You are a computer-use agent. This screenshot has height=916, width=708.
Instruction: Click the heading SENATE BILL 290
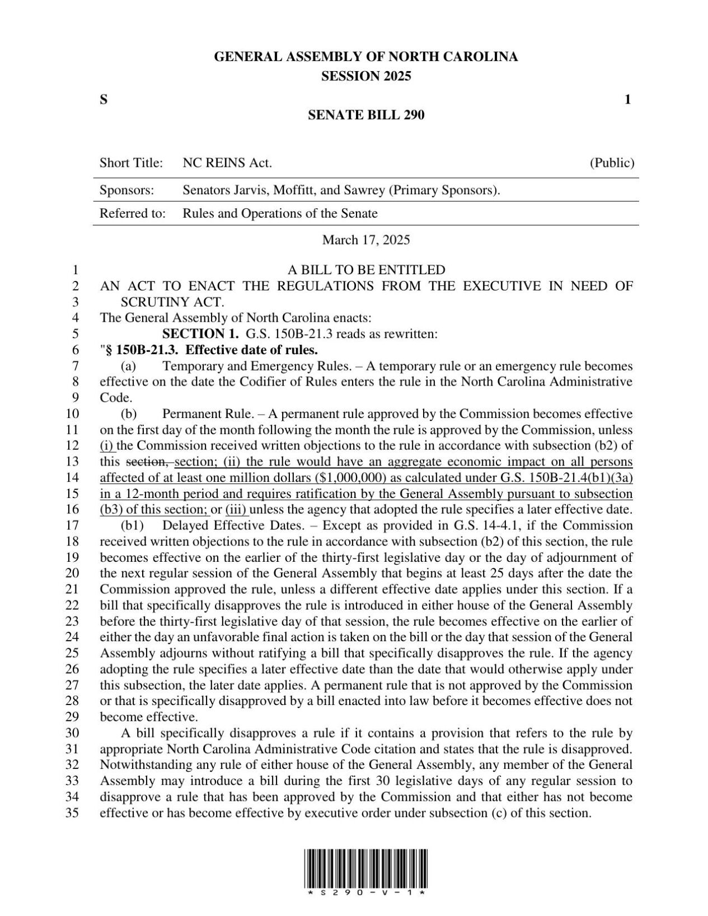click(x=366, y=115)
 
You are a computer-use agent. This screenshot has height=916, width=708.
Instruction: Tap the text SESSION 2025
click(x=366, y=76)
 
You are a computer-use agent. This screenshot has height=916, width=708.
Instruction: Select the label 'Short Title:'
click(x=131, y=163)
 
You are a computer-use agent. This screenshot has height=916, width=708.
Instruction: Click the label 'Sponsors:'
click(x=126, y=190)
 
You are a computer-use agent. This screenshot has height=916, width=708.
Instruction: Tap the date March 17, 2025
click(x=366, y=240)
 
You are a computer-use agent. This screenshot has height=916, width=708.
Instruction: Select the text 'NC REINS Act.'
click(x=227, y=163)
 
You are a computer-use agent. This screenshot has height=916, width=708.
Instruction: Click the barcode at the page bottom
click(x=366, y=870)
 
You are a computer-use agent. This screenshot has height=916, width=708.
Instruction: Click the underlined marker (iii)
click(x=237, y=510)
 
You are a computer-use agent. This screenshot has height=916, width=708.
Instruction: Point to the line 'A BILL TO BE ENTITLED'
click(x=366, y=270)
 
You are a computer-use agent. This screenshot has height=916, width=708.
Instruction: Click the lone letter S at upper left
click(x=104, y=100)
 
